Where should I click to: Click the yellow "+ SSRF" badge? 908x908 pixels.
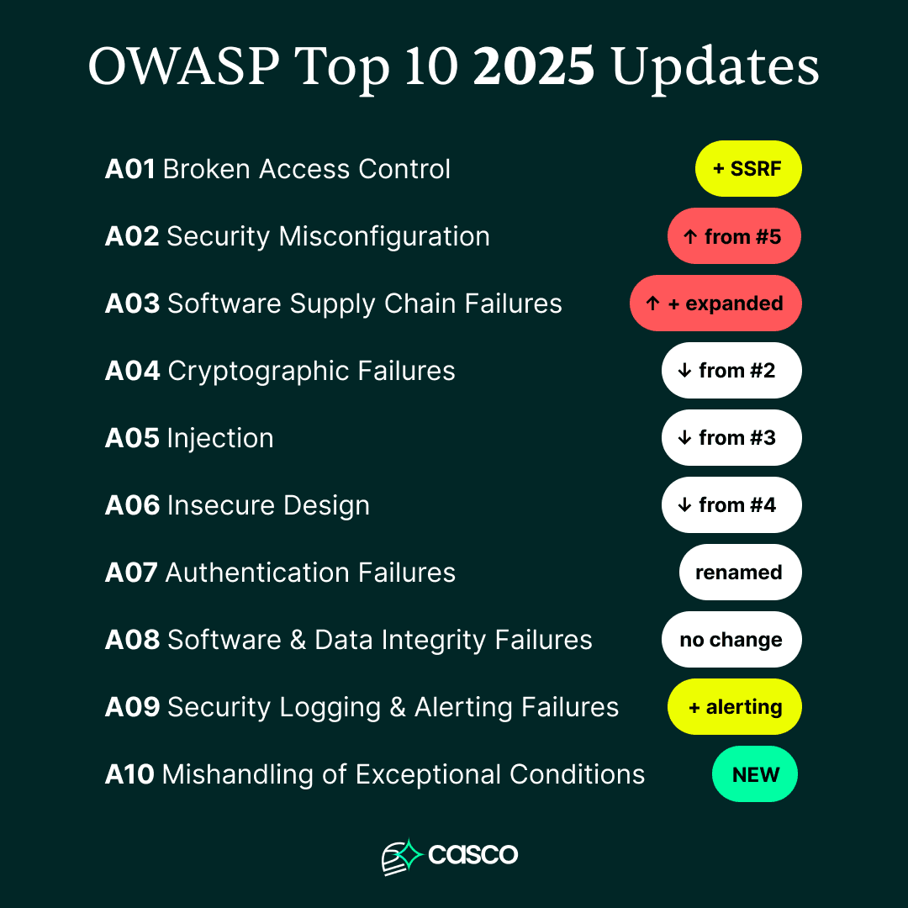(747, 169)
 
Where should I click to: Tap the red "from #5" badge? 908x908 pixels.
(734, 236)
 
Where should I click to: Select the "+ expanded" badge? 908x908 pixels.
(715, 304)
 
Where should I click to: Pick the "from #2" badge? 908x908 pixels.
(731, 371)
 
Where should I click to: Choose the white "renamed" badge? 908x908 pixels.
(740, 573)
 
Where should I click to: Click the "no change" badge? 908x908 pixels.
(731, 640)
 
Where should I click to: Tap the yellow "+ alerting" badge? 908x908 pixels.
(734, 707)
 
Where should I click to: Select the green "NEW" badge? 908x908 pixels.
(755, 774)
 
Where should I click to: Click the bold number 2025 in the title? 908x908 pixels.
(535, 67)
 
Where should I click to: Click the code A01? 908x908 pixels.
(129, 169)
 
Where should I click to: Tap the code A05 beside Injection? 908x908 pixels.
(131, 438)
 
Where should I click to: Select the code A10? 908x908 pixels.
(129, 774)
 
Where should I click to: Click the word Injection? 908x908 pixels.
(220, 438)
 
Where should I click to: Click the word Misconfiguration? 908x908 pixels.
(384, 236)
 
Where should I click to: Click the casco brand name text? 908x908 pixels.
(472, 855)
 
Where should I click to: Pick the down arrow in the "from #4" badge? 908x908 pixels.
(684, 505)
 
